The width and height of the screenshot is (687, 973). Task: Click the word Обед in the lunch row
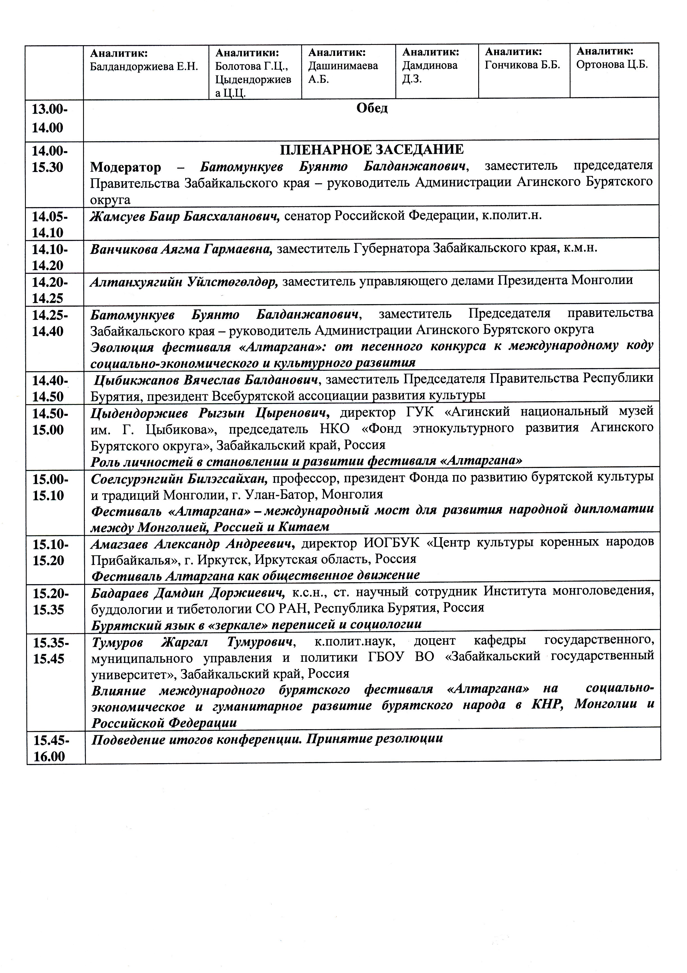click(372, 109)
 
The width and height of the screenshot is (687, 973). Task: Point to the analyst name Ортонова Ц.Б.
click(612, 65)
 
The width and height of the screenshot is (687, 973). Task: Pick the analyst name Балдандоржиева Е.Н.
click(144, 67)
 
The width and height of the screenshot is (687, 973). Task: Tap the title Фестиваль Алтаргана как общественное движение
click(256, 575)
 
